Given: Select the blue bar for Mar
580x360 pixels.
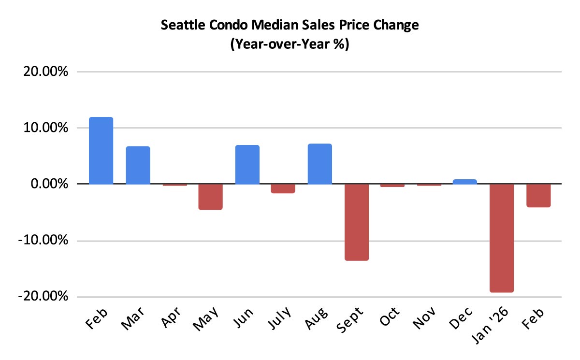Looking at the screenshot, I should tap(138, 165).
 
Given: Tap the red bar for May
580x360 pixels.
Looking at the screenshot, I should tap(210, 197).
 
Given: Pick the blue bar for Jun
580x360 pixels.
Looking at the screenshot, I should tap(247, 165).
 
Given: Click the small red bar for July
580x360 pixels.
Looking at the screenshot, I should tap(283, 188).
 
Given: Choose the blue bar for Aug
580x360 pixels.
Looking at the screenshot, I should tap(319, 164).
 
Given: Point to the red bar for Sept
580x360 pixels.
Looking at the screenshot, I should tap(356, 222).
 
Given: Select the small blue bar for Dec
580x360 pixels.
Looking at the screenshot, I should tap(465, 182).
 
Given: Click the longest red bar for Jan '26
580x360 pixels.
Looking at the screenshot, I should tap(502, 238).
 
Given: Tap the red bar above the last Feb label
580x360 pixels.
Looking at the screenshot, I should tap(538, 196).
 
